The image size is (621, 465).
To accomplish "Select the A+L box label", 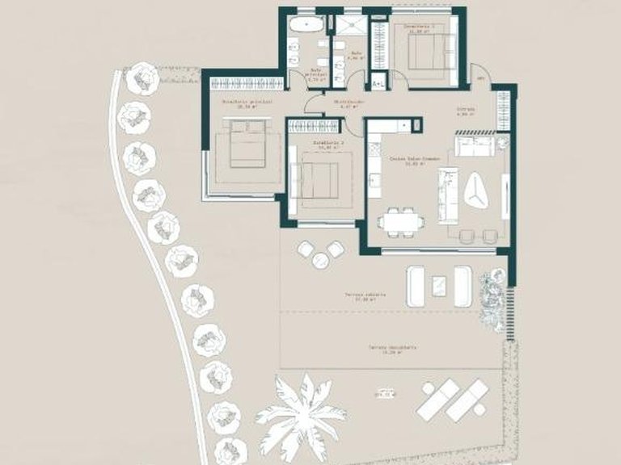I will tap(378, 82).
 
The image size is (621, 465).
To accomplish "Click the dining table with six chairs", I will tap(403, 219).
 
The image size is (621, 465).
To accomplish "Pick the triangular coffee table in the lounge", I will tap(477, 189).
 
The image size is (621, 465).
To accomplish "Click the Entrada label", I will tap(465, 110).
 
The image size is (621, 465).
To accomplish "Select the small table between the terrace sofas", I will tap(440, 284).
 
